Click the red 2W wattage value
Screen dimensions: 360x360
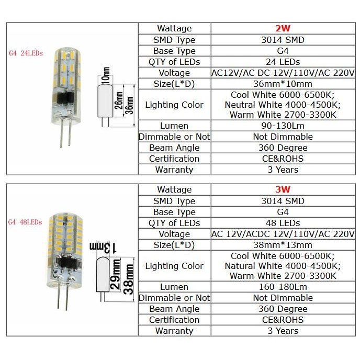point(283,28)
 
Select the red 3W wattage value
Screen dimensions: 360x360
point(283,189)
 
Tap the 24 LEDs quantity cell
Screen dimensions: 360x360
point(283,62)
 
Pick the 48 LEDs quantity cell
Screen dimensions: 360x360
point(283,223)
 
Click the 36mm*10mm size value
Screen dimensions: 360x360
point(283,84)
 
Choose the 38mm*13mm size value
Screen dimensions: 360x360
point(283,245)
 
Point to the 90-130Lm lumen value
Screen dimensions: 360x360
point(283,126)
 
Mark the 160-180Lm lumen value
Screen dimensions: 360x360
point(283,287)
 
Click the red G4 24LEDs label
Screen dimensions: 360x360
point(26,53)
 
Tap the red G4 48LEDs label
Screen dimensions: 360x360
point(25,222)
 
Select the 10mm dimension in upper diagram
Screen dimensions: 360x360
point(107,76)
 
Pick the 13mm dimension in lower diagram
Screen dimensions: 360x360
point(99,245)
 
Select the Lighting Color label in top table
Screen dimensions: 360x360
point(174,105)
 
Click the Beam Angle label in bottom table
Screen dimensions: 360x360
point(174,309)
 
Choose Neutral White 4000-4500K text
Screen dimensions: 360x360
point(283,105)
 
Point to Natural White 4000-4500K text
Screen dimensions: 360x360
point(283,266)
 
